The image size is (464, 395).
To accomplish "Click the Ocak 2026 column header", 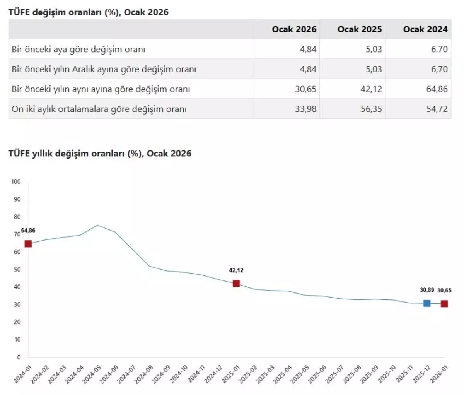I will [294, 29].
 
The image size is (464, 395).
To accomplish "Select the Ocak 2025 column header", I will [359, 29].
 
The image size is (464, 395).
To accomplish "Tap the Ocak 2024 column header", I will [425, 29].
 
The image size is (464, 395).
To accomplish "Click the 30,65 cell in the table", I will [305, 89].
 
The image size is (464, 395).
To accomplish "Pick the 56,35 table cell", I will [371, 109].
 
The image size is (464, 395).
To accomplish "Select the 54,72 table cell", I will [437, 109].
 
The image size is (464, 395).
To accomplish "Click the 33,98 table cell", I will [305, 109].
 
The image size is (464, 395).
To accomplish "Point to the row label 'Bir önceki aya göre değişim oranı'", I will [78, 50].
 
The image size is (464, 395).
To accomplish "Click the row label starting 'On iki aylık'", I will [99, 109].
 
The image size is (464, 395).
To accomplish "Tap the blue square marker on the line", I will [427, 303].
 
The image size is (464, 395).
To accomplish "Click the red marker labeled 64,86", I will [28, 244].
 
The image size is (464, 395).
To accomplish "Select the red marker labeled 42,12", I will [236, 284].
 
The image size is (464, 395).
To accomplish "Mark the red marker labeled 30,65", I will [444, 304].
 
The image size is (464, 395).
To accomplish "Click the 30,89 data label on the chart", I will [427, 290].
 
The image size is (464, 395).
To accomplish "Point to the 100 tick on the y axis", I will [16, 181].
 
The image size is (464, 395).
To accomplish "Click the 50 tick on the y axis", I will [17, 269].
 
